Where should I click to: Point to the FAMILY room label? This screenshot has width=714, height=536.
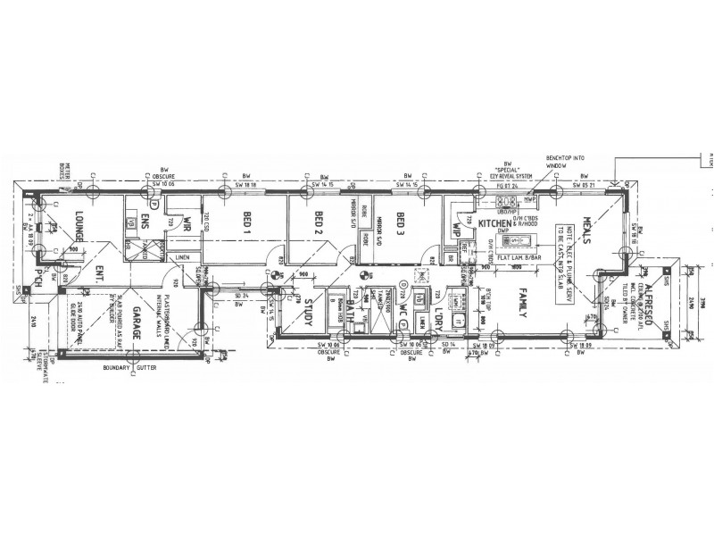(525, 304)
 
